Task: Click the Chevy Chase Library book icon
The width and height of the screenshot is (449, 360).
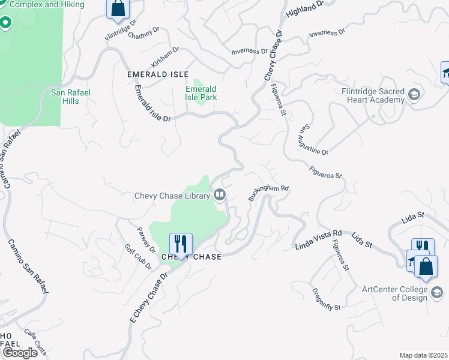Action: (x=220, y=194)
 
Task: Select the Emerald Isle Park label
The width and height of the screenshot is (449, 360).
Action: (x=201, y=93)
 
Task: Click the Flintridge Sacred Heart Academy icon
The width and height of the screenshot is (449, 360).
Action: (x=414, y=95)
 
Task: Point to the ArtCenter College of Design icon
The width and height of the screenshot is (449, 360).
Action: (x=438, y=293)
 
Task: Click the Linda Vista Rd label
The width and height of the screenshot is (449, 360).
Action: (x=318, y=239)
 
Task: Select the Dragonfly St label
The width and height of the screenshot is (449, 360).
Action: (x=327, y=298)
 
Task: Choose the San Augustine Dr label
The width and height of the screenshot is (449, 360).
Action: (x=315, y=140)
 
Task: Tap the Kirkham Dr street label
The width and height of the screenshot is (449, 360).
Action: (x=166, y=57)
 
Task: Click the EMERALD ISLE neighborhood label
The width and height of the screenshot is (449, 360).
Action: (x=154, y=74)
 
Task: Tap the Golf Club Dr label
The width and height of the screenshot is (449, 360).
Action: (x=138, y=257)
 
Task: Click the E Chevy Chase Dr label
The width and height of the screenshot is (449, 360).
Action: (x=149, y=296)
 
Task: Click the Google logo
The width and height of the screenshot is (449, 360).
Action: (x=20, y=352)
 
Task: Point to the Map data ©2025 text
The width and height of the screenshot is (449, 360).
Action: (x=424, y=355)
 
